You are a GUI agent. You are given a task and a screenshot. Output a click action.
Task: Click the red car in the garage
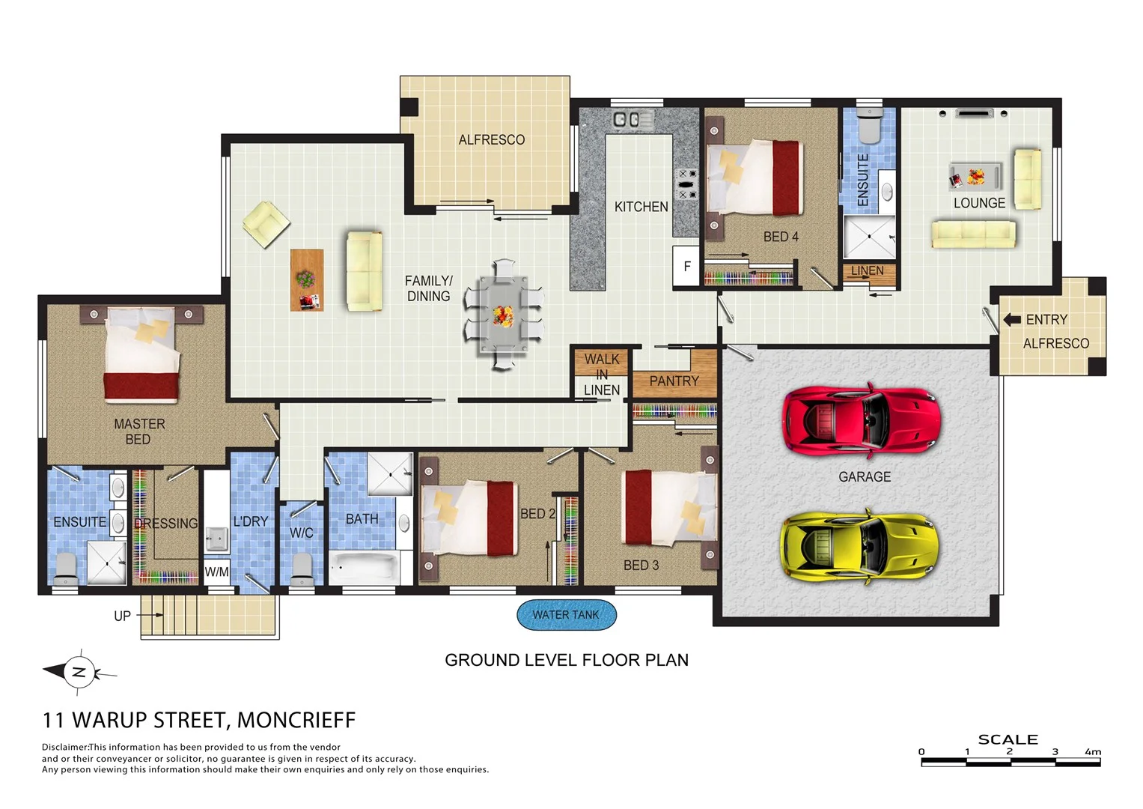pyautogui.click(x=861, y=422)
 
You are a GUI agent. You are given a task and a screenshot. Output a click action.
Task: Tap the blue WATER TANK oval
pyautogui.click(x=566, y=615)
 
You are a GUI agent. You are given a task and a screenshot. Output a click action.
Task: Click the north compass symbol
pyautogui.click(x=79, y=671)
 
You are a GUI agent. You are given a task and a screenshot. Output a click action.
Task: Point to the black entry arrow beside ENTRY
pyautogui.click(x=1012, y=320)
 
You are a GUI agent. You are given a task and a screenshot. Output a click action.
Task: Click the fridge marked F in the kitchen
pyautogui.click(x=686, y=267)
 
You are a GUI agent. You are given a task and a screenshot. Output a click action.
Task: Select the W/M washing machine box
pyautogui.click(x=216, y=572)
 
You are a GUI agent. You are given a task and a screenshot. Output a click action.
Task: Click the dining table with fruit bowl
pyautogui.click(x=503, y=315)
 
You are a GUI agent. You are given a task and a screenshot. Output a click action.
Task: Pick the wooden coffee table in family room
pyautogui.click(x=307, y=280)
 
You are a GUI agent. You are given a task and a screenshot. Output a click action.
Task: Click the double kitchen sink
pyautogui.click(x=627, y=119)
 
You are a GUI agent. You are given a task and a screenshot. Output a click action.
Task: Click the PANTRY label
pyautogui.click(x=674, y=381)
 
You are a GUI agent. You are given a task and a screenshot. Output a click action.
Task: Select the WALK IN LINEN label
pyautogui.click(x=602, y=375)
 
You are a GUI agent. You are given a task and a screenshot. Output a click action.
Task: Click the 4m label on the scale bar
pyautogui.click(x=1092, y=751)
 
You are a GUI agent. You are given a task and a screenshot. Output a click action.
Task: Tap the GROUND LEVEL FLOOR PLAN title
pyautogui.click(x=567, y=660)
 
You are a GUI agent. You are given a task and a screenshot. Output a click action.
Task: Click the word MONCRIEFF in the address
pyautogui.click(x=296, y=720)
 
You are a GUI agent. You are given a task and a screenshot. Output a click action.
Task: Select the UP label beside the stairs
pyautogui.click(x=122, y=616)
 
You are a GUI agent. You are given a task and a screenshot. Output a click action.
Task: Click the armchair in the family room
pyautogui.click(x=266, y=223)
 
